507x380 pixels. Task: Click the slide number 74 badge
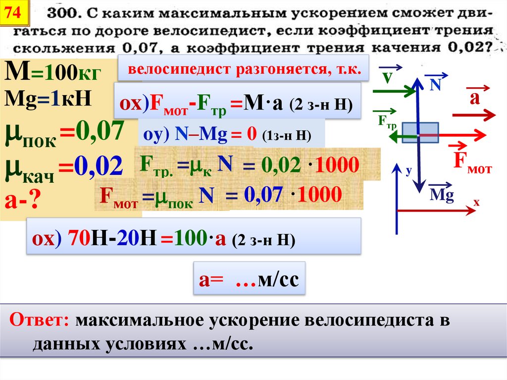click(13, 14)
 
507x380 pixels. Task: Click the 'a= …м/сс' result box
click(249, 280)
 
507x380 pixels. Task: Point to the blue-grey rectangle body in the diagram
click(420, 132)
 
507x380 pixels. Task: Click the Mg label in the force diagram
click(442, 194)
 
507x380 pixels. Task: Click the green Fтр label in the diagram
click(387, 121)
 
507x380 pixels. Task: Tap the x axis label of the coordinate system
click(476, 202)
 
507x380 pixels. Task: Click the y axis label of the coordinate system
click(408, 171)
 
